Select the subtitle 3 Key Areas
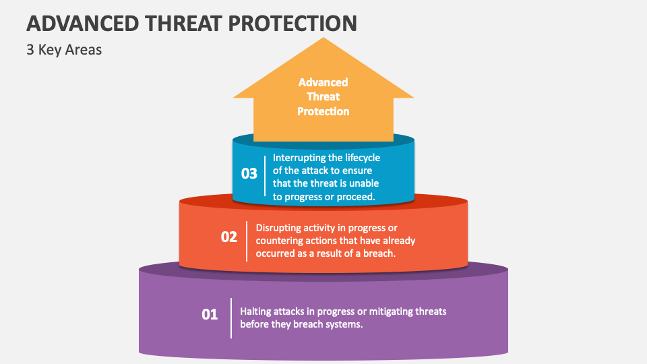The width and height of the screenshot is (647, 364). (64, 50)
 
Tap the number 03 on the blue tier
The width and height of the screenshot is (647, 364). (249, 173)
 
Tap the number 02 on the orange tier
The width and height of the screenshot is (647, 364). (229, 237)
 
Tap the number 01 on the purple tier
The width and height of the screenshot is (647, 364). (210, 313)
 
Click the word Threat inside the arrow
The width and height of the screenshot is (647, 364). (323, 96)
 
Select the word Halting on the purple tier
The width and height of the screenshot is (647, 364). (256, 311)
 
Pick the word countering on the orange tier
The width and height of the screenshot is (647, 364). (280, 241)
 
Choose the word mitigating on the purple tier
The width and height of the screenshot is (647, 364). (387, 311)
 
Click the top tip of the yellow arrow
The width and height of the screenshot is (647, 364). (323, 39)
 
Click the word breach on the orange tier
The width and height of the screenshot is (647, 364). (379, 253)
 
